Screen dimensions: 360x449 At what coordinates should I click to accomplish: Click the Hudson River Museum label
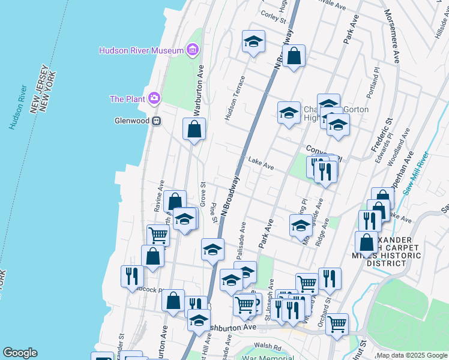(141, 50)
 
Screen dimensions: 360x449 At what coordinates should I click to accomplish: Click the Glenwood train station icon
(157, 121)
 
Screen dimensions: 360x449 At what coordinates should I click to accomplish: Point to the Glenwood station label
(131, 121)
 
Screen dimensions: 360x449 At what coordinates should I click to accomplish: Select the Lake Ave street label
(261, 164)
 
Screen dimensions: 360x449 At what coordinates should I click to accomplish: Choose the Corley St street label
(273, 16)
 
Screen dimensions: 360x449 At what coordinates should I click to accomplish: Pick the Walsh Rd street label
(268, 347)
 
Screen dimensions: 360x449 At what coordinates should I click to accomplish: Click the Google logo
(19, 353)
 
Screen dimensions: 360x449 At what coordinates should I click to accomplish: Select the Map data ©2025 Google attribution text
(411, 355)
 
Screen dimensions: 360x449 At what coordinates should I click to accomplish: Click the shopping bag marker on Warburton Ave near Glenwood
(194, 129)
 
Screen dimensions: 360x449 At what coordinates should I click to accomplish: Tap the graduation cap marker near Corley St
(254, 42)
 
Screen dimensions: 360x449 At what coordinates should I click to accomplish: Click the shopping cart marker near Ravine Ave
(158, 235)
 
